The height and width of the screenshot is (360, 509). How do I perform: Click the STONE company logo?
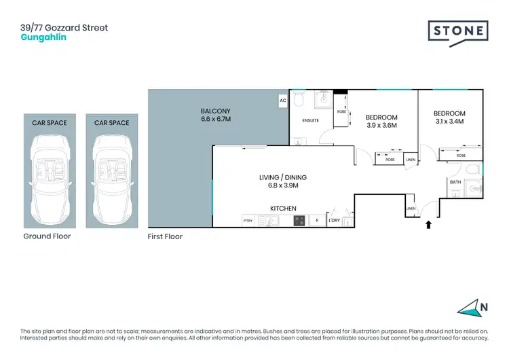(458, 31)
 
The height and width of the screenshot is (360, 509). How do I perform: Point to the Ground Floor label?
(47, 236)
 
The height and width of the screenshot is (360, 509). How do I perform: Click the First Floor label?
(165, 237)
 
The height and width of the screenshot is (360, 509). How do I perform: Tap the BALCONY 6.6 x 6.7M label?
(216, 115)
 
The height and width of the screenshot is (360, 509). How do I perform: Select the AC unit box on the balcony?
(282, 101)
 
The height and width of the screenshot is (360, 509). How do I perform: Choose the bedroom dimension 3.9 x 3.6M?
(381, 125)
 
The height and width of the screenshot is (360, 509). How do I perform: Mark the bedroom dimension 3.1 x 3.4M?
(449, 122)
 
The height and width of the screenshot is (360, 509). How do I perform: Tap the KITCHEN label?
(283, 209)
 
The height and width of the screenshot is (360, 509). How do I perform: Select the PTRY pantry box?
(248, 221)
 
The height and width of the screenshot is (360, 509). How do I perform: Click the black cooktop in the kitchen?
(299, 220)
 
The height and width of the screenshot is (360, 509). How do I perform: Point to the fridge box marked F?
(316, 221)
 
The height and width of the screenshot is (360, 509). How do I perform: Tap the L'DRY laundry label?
(334, 221)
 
